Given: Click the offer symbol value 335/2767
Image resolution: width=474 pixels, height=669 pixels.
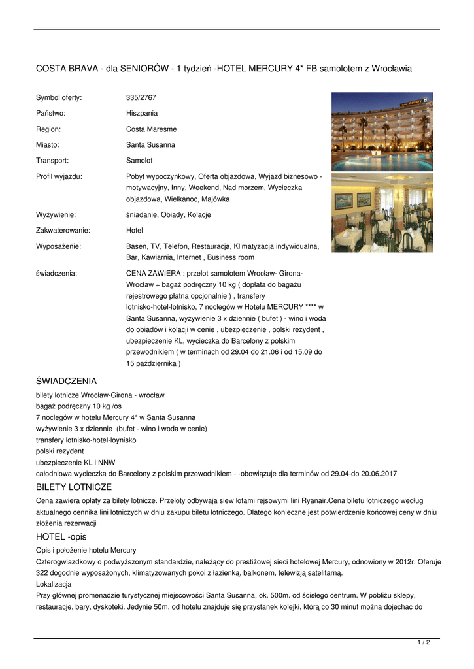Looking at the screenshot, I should (x=141, y=98).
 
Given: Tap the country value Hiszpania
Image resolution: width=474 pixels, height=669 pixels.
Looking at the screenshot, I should (x=142, y=114).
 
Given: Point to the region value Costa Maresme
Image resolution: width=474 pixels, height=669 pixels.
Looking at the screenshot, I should (x=151, y=129).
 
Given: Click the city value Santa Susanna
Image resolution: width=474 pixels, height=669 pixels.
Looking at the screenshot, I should (x=150, y=145).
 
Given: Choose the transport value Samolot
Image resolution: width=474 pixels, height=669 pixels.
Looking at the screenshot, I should (x=140, y=161).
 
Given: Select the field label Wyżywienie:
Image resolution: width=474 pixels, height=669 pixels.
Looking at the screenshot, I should (x=56, y=215).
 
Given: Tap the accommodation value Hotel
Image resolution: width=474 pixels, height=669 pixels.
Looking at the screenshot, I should (x=134, y=231).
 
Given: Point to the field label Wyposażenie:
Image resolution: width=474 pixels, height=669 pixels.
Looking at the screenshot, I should (x=58, y=246).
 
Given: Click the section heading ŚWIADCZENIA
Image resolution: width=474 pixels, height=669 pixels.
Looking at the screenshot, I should (x=66, y=381).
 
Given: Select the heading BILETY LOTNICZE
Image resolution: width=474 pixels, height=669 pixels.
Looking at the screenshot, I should (x=74, y=487).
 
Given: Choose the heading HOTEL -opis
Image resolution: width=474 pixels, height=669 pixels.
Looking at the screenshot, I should (x=61, y=537).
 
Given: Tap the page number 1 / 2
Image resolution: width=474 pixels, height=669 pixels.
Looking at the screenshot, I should (x=424, y=643).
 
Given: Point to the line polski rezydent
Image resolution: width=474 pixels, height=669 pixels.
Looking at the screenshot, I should (x=59, y=451).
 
